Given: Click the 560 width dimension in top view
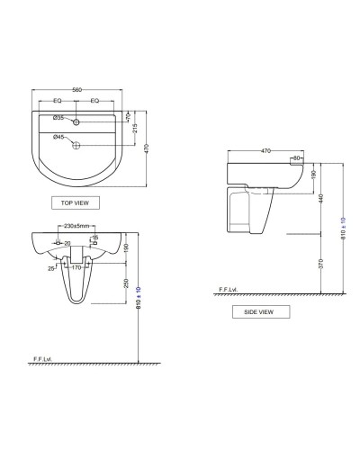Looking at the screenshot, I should pyautogui.click(x=77, y=90).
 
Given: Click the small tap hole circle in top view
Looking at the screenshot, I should pyautogui.click(x=78, y=121).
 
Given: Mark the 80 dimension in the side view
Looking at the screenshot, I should pyautogui.click(x=297, y=159).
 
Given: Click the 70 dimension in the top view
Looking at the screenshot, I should pyautogui.click(x=129, y=116).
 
